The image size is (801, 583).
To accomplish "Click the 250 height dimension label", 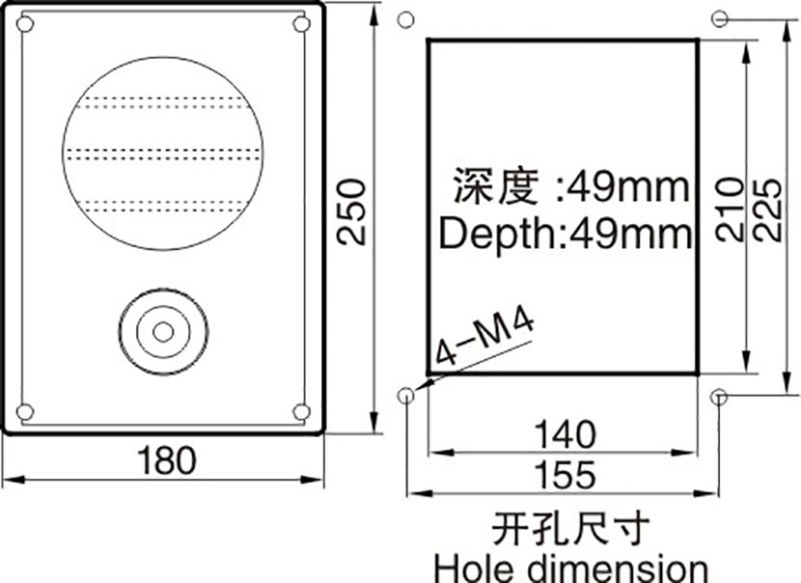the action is tap(352, 212).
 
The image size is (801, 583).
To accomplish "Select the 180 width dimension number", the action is tap(167, 459).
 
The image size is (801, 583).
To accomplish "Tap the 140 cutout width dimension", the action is tap(565, 434).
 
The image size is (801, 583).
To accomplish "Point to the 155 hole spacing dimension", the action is tap(565, 475).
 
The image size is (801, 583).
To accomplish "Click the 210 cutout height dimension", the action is tap(729, 209).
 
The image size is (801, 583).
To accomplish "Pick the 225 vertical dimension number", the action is tap(767, 209).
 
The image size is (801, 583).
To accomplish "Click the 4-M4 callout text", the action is tap(483, 338).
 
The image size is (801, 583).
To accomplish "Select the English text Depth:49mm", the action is tap(565, 235).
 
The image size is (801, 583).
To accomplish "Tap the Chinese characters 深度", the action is tap(495, 185).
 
